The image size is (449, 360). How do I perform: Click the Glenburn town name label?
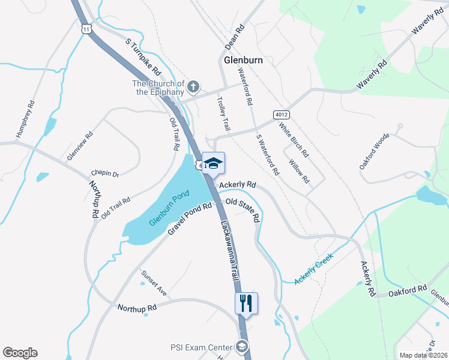click(243, 61)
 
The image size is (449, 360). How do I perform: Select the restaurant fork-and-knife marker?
click(246, 303)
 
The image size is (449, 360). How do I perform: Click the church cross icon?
click(193, 88)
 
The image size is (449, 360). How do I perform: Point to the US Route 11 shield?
click(87, 29)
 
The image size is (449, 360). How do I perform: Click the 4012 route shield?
click(280, 114)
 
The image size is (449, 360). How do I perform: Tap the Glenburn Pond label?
click(169, 208)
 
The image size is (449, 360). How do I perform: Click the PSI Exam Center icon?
click(241, 347)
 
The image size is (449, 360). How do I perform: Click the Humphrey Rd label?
click(26, 119)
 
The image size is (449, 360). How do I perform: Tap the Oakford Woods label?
click(375, 151)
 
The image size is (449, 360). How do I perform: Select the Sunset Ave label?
click(154, 283)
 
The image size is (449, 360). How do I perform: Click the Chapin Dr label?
click(105, 174)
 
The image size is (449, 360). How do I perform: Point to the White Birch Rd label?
click(294, 140)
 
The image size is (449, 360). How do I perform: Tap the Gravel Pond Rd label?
click(190, 218)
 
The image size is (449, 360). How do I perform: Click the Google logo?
click(20, 353)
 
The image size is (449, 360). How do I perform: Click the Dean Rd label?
click(235, 37)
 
